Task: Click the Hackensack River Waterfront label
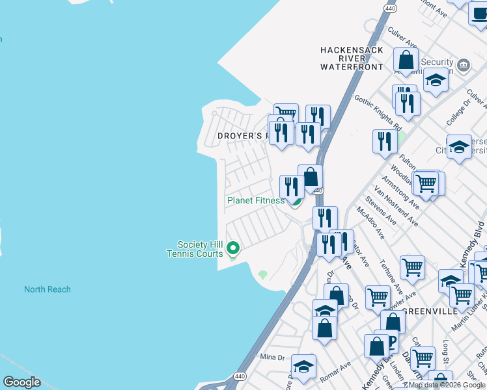(352, 58)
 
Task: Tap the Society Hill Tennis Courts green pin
(232, 248)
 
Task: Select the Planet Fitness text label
(255, 200)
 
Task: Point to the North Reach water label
(48, 289)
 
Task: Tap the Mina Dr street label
(273, 357)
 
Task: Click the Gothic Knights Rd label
(377, 112)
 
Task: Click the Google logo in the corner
(21, 382)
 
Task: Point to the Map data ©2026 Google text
(447, 385)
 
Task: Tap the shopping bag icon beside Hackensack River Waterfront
(406, 60)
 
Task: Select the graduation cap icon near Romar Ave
(303, 367)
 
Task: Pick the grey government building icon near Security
(464, 64)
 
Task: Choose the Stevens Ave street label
(380, 211)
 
